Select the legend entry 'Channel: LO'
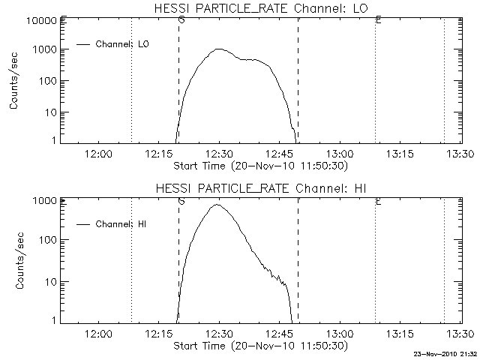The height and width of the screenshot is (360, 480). pyautogui.click(x=123, y=44)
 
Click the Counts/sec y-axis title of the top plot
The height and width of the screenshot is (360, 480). pyautogui.click(x=14, y=80)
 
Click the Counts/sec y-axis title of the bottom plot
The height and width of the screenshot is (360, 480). pyautogui.click(x=14, y=260)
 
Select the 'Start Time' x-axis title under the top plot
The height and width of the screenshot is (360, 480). pyautogui.click(x=259, y=164)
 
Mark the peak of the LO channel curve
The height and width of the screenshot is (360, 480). pyautogui.click(x=219, y=49)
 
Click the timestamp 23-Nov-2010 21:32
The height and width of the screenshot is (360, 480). pyautogui.click(x=445, y=352)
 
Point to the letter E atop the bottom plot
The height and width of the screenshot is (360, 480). pyautogui.click(x=379, y=201)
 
